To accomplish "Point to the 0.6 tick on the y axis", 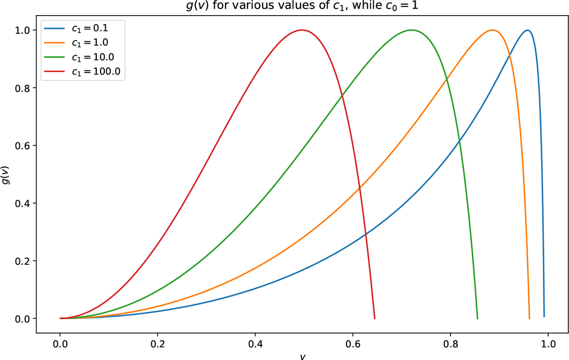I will (x=23, y=146).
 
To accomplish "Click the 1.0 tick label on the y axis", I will (x=23, y=30).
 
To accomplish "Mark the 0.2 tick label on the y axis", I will (x=23, y=261).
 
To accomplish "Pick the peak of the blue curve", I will (x=527, y=30).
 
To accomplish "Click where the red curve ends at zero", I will (x=375, y=318).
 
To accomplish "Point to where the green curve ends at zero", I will (x=477, y=318).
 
